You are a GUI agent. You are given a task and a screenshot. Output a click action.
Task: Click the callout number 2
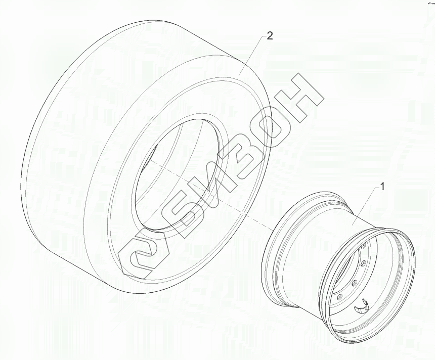[270, 36]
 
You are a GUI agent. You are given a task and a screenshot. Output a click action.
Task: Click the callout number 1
[382, 187]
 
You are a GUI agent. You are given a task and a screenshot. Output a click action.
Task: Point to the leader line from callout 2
[251, 55]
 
